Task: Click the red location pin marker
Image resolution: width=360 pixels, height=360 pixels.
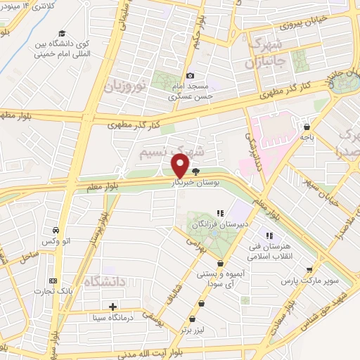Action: [x=180, y=165]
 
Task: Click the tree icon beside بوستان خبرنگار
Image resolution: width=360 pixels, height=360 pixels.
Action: [x=195, y=171]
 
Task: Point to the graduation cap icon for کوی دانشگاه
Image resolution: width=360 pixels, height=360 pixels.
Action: [x=62, y=33]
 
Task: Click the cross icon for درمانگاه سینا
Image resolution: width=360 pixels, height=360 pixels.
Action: [x=112, y=307]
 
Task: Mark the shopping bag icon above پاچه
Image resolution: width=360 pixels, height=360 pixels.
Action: [x=307, y=128]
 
